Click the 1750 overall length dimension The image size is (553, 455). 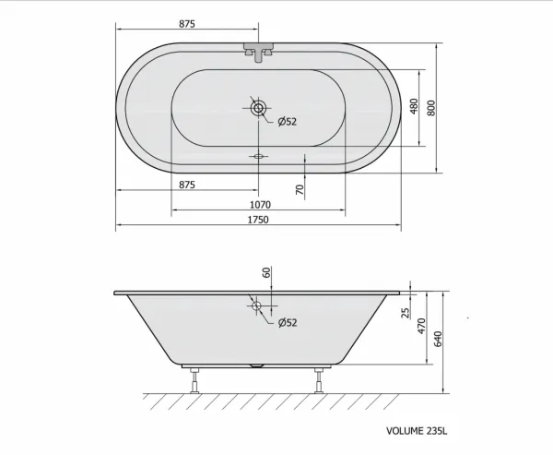pyautogui.click(x=258, y=220)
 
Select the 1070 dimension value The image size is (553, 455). pyautogui.click(x=260, y=205)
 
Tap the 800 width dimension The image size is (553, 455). pyautogui.click(x=431, y=108)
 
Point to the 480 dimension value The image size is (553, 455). pyautogui.click(x=414, y=106)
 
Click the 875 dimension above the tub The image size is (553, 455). pyautogui.click(x=187, y=24)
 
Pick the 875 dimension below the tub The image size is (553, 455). pyautogui.click(x=187, y=185)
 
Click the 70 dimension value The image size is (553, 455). pyautogui.click(x=300, y=190)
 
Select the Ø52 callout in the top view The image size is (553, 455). pyautogui.click(x=287, y=122)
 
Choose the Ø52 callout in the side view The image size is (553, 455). pyautogui.click(x=287, y=322)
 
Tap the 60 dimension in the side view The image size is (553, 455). pyautogui.click(x=266, y=272)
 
